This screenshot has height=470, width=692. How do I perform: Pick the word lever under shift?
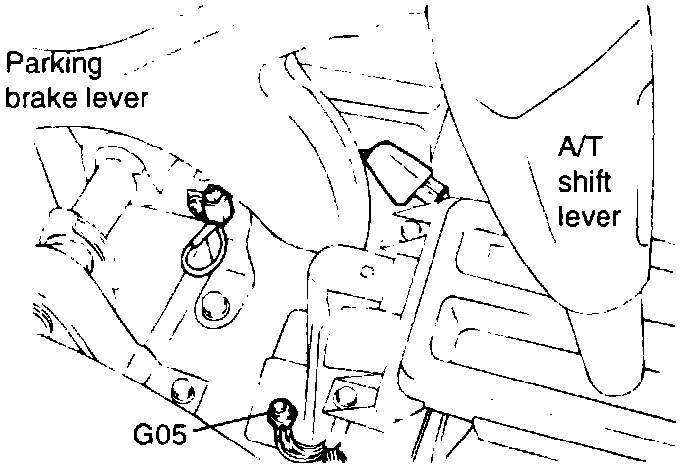pyautogui.click(x=589, y=215)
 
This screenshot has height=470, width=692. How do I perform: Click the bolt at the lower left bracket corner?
pyautogui.click(x=179, y=392)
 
